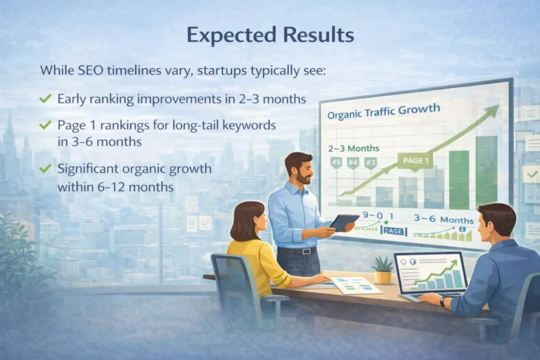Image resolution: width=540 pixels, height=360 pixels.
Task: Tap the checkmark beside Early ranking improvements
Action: (46, 98)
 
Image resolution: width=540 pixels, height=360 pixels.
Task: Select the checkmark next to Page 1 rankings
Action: (46, 125)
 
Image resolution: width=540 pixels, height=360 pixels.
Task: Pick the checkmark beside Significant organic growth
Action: (46, 169)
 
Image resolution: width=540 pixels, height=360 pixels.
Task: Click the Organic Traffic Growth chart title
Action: (384, 112)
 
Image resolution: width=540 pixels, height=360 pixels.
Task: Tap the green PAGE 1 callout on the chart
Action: (416, 161)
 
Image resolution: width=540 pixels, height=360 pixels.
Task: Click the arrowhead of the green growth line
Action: (493, 110)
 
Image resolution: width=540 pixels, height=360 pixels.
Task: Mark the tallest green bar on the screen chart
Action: (485, 172)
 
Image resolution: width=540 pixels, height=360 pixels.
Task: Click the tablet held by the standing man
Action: (343, 223)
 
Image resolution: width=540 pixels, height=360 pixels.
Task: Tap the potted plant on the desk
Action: (383, 271)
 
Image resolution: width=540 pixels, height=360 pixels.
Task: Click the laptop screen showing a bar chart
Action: (430, 273)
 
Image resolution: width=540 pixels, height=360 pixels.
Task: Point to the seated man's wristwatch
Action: (442, 300)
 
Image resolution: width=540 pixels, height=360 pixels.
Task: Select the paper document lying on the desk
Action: (354, 285)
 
